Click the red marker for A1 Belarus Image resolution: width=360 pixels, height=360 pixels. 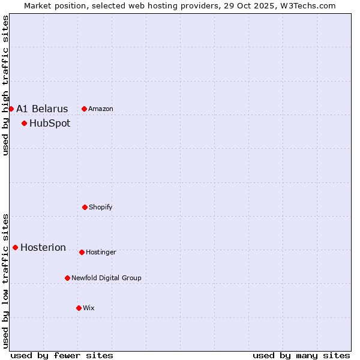click(x=11, y=109)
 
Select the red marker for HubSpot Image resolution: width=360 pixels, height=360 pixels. click(x=24, y=124)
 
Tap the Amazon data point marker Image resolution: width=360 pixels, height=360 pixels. click(x=84, y=109)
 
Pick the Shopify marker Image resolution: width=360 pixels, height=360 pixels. click(x=85, y=207)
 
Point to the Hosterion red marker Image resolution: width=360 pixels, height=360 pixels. click(x=15, y=247)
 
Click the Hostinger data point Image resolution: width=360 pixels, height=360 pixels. click(x=82, y=252)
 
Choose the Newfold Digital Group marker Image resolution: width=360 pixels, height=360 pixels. click(x=67, y=278)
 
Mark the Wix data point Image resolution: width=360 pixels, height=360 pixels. click(x=79, y=308)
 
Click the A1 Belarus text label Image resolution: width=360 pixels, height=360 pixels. click(x=42, y=109)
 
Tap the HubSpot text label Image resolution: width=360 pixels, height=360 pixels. click(x=50, y=124)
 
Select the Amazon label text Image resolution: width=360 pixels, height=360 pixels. click(x=101, y=109)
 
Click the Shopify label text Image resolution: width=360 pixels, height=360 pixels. click(x=101, y=207)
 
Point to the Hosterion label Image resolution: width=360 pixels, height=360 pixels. click(x=43, y=247)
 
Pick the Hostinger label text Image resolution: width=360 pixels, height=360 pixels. click(x=101, y=252)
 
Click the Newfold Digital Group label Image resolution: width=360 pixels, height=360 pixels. click(x=106, y=278)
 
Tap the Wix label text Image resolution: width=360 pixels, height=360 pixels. click(x=89, y=308)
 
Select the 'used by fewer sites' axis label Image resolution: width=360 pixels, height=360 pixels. click(x=62, y=355)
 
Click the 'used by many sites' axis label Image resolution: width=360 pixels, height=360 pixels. click(x=301, y=355)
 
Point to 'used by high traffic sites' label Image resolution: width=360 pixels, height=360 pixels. click(x=5, y=85)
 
